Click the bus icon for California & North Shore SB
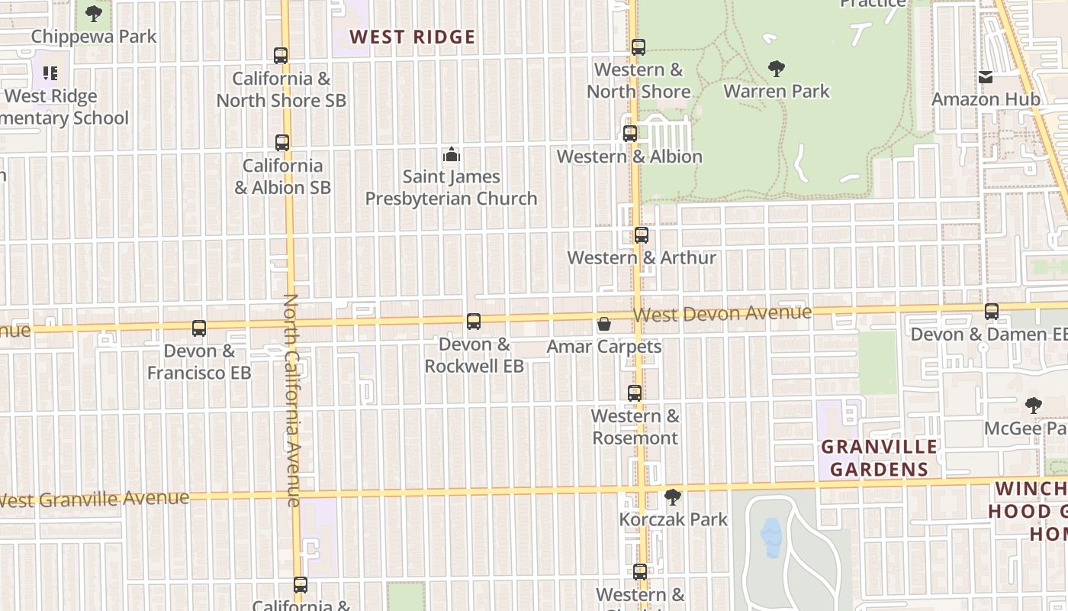pos(281,56)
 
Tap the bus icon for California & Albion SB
pos(282,143)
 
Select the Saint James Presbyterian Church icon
pos(452,155)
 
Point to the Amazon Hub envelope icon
pos(986,77)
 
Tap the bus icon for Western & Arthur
pos(642,235)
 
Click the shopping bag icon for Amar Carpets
pos(603,325)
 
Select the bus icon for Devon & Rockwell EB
pos(474,322)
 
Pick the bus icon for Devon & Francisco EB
pos(199,328)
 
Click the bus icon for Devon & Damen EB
pos(992,312)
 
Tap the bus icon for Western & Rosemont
pos(635,393)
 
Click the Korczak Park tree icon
pos(672,497)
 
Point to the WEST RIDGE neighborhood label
pos(412,37)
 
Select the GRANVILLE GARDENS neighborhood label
pos(879,457)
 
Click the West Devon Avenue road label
pos(722,314)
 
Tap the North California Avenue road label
pos(292,400)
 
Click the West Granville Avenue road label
pos(95,499)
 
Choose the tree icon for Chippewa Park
pos(94,14)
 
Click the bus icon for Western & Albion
pos(630,134)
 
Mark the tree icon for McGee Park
pos(1034,406)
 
